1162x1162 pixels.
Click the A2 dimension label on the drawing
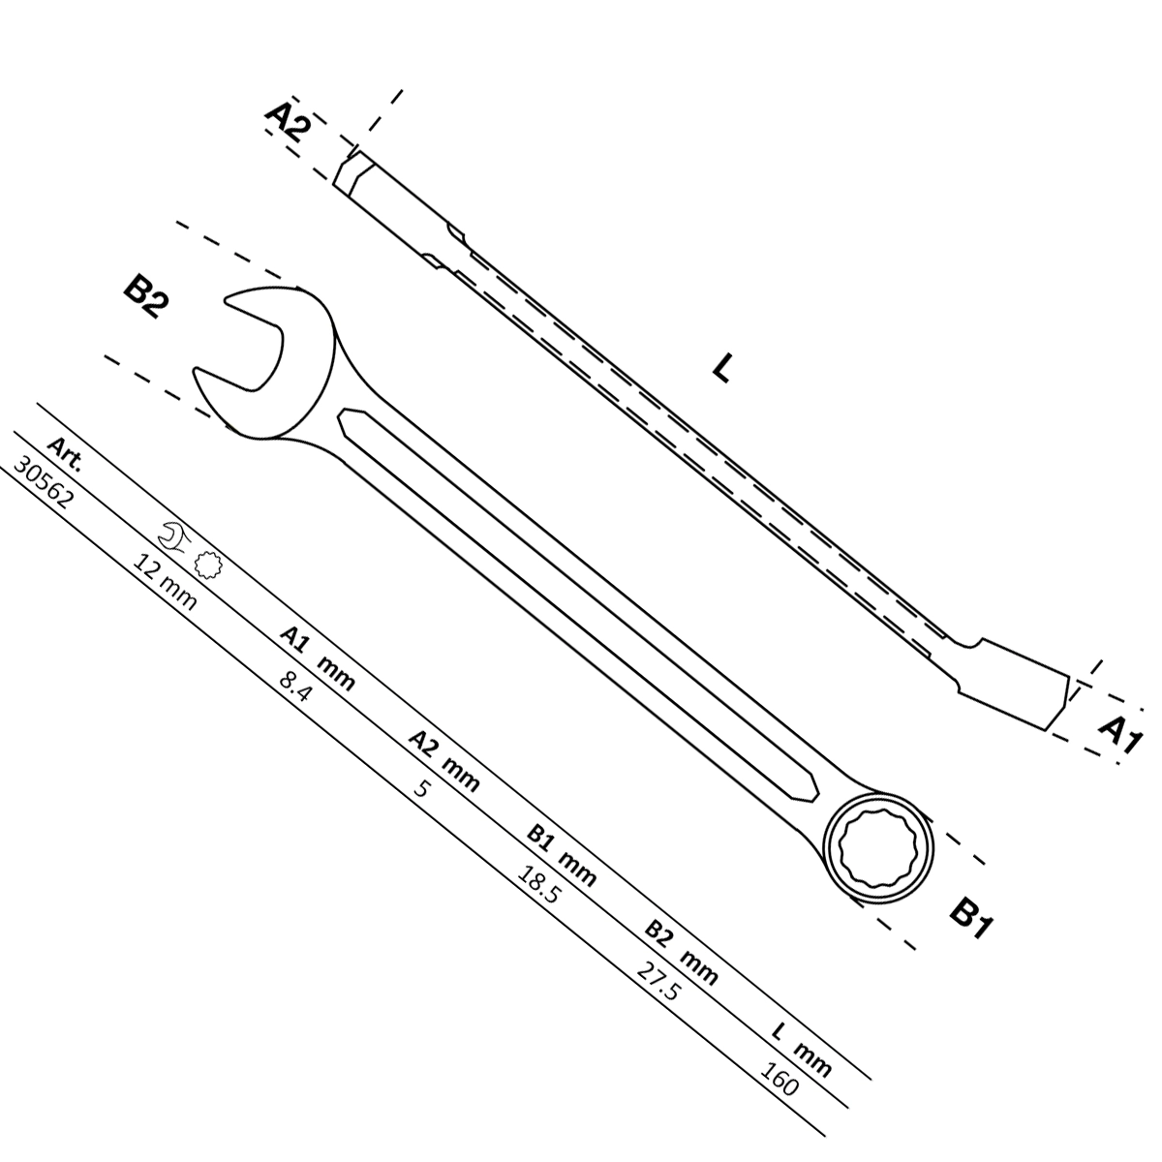289,121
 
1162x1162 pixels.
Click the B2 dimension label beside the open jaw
144,297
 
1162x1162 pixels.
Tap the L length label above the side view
721,367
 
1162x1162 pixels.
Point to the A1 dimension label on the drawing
1119,734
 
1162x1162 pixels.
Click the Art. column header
64,454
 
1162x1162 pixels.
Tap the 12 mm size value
164,583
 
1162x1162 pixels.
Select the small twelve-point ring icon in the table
208,565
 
